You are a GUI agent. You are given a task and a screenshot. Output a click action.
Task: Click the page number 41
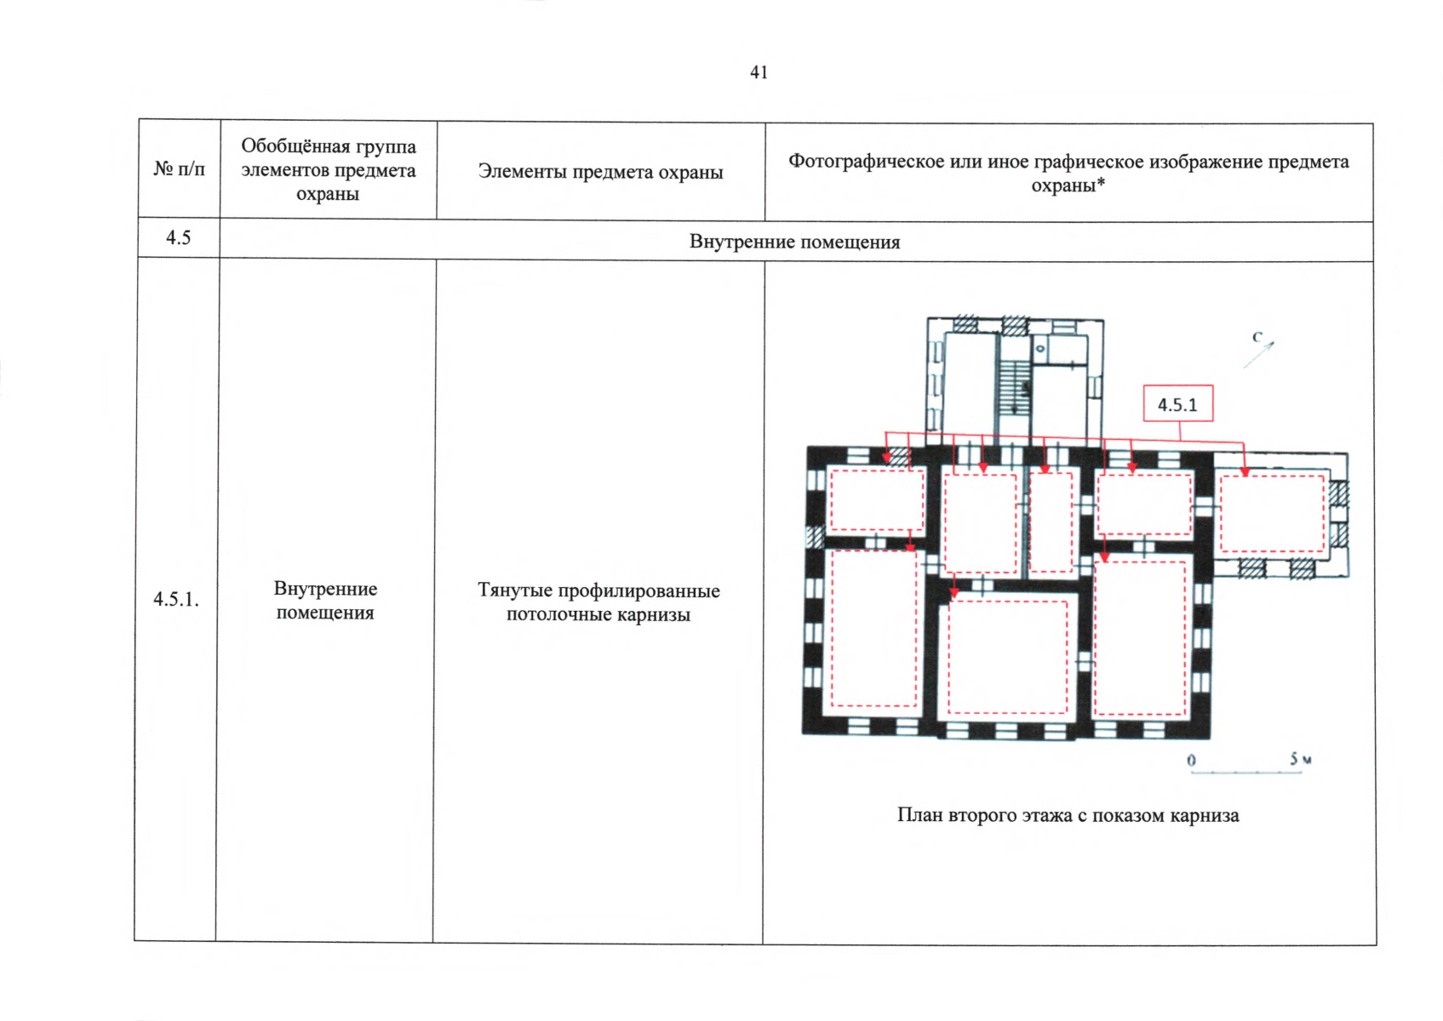tap(759, 72)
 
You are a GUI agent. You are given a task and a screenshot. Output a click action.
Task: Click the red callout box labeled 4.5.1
tap(1178, 403)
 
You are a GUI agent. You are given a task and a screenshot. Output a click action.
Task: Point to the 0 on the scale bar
tap(1192, 761)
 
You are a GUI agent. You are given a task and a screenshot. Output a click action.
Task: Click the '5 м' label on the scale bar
tap(1301, 759)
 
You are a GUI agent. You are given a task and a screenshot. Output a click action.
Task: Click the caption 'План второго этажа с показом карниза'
tap(1068, 816)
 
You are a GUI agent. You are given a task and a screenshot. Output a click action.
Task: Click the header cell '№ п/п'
tap(179, 169)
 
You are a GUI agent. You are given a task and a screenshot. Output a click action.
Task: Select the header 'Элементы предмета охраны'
tap(600, 172)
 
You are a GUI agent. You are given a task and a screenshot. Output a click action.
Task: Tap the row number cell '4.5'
tap(179, 238)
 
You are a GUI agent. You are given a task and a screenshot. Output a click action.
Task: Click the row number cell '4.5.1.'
tap(176, 599)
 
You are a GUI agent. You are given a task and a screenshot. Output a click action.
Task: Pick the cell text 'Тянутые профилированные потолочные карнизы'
tap(598, 602)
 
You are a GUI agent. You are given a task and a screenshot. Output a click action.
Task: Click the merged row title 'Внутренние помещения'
tap(795, 242)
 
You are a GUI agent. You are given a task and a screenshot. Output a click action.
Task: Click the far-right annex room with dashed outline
tap(1272, 513)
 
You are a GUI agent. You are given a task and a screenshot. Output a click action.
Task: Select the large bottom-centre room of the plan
tap(1007, 657)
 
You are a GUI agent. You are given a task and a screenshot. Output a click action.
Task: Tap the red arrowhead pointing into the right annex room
tap(1245, 472)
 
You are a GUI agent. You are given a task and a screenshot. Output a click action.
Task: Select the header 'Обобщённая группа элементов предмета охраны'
tap(329, 170)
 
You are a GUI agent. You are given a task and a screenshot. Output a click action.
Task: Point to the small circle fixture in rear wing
tap(1039, 349)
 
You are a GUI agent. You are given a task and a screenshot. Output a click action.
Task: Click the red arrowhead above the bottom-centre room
tap(954, 593)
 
